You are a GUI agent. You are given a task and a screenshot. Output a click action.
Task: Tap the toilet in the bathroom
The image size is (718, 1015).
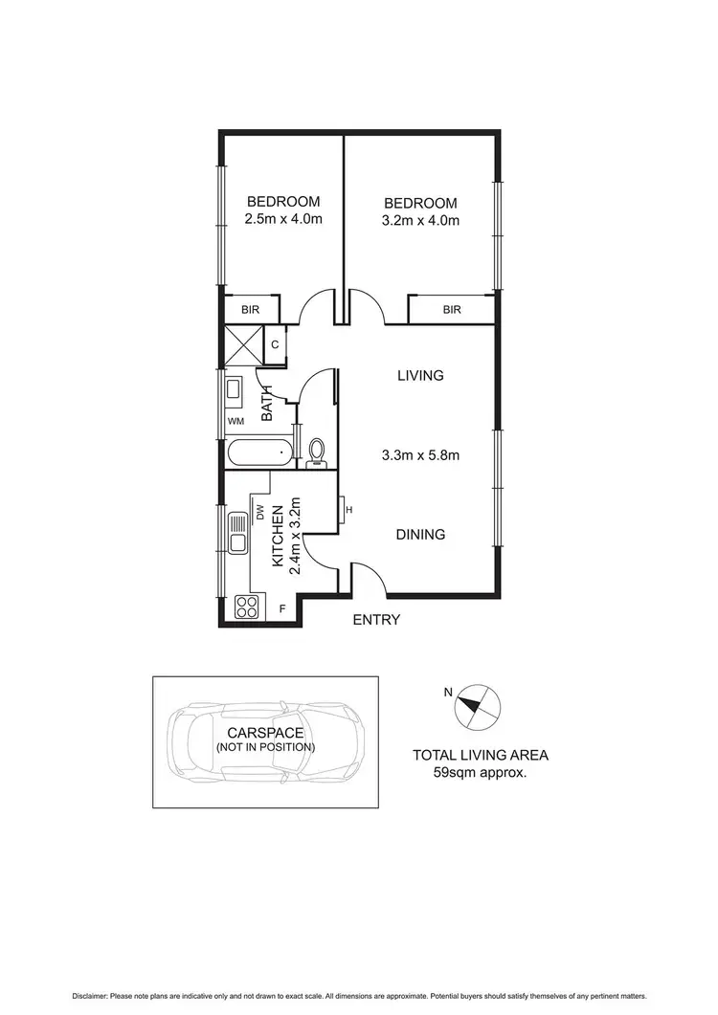(x=317, y=451)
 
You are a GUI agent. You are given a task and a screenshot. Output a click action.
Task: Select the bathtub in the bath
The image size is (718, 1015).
(x=258, y=452)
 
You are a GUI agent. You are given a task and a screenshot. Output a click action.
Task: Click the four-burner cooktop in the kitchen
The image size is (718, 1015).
(x=248, y=607)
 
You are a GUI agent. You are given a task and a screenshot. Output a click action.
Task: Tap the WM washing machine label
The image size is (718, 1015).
(x=235, y=421)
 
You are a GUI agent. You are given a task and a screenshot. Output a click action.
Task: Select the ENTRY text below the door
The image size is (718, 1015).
(x=376, y=620)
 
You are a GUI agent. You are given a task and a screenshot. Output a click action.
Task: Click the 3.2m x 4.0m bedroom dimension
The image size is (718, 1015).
(x=420, y=220)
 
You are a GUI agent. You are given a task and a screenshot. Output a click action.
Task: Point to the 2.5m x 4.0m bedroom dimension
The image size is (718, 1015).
(x=283, y=219)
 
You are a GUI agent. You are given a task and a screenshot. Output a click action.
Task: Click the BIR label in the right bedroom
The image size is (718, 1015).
(x=452, y=310)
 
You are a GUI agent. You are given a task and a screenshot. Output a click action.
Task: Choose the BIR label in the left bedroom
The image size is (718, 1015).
(x=252, y=310)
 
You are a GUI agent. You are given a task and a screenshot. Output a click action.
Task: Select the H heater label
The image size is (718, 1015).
(x=349, y=510)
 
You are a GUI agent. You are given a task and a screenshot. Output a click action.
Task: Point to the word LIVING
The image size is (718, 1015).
(x=420, y=376)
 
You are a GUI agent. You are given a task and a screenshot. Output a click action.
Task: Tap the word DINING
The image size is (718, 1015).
(x=420, y=535)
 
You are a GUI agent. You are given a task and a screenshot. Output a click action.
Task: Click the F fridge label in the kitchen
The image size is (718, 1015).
(x=282, y=607)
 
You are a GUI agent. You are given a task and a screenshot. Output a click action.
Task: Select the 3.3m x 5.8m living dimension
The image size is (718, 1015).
(x=420, y=455)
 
